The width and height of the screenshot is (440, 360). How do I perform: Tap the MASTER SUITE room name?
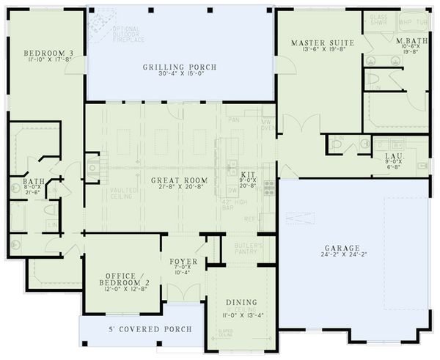click(322, 43)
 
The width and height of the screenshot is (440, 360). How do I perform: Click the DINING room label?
click(241, 302)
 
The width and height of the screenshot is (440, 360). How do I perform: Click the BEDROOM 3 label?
click(43, 54)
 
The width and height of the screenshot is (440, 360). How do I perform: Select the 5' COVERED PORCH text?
click(139, 329)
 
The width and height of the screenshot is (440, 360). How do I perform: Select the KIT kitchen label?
click(247, 175)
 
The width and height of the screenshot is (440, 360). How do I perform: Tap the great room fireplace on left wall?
click(92, 168)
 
